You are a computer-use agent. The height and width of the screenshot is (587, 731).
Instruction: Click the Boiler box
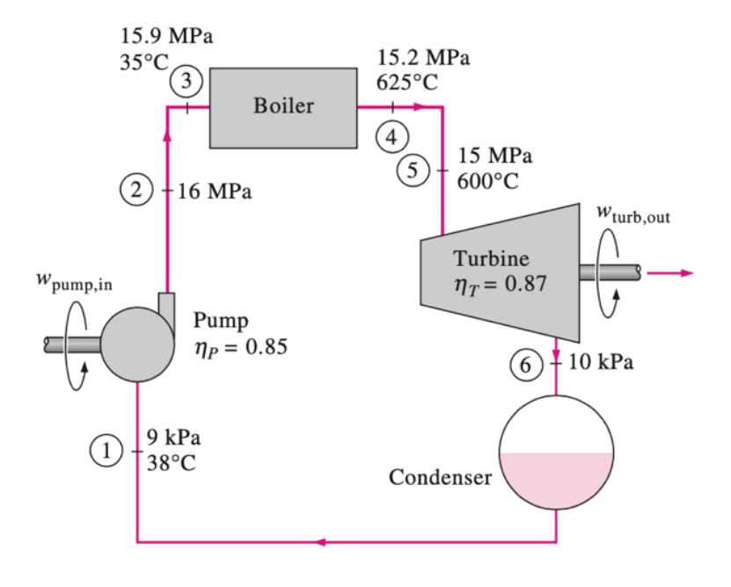(283, 106)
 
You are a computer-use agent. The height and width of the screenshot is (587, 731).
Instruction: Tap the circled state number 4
(392, 136)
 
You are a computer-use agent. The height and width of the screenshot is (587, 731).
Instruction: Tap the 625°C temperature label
(407, 83)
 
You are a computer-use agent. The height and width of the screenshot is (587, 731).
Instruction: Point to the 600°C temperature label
(488, 182)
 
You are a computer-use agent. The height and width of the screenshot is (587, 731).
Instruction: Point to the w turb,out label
(632, 213)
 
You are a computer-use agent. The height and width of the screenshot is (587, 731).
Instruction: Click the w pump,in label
(74, 284)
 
